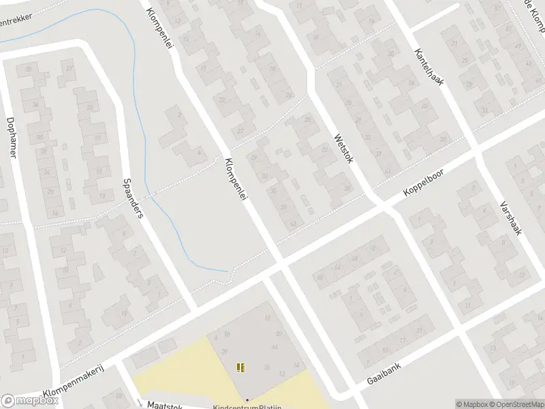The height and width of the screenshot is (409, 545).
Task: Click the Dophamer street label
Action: click(x=11, y=136)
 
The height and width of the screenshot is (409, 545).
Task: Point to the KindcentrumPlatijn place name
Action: click(x=247, y=406)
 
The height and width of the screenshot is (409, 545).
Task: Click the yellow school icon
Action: click(x=240, y=367)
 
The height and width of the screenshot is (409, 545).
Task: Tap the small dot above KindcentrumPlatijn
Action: click(x=247, y=399)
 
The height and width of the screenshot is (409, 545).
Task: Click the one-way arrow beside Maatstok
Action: click(x=139, y=402)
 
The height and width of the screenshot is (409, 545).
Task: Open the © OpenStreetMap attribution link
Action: click(x=516, y=404)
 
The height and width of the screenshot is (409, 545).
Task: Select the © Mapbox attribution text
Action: click(x=472, y=404)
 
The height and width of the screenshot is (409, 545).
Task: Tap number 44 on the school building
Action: click(x=274, y=348)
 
